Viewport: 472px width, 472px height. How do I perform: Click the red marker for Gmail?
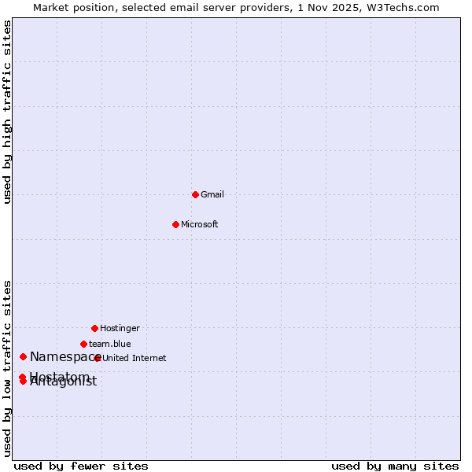pyautogui.click(x=195, y=194)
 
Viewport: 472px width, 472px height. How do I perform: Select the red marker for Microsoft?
pyautogui.click(x=176, y=224)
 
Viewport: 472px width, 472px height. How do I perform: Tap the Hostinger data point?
pyautogui.click(x=94, y=328)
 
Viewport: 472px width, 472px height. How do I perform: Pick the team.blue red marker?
pyautogui.click(x=83, y=344)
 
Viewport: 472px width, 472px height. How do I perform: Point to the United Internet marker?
pyautogui.click(x=98, y=358)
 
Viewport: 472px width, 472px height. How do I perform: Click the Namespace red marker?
pyautogui.click(x=23, y=357)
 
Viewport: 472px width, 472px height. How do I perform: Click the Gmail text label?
pyautogui.click(x=212, y=194)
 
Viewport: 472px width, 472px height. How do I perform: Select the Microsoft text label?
pyautogui.click(x=200, y=224)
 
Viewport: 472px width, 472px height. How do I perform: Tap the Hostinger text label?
pyautogui.click(x=120, y=328)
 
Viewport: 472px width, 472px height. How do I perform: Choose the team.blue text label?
pyautogui.click(x=110, y=344)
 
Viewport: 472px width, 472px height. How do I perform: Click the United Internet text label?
pyautogui.click(x=135, y=358)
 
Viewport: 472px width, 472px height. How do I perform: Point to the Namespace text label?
pyautogui.click(x=63, y=357)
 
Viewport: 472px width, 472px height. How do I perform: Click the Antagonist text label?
pyautogui.click(x=63, y=382)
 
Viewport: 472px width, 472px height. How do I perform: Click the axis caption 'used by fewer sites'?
pyautogui.click(x=81, y=466)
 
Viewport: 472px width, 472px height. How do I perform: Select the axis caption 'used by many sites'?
pyautogui.click(x=395, y=466)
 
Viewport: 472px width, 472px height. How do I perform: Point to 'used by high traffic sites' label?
pyautogui.click(x=7, y=112)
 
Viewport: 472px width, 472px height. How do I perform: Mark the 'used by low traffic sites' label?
pyautogui.click(x=7, y=367)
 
